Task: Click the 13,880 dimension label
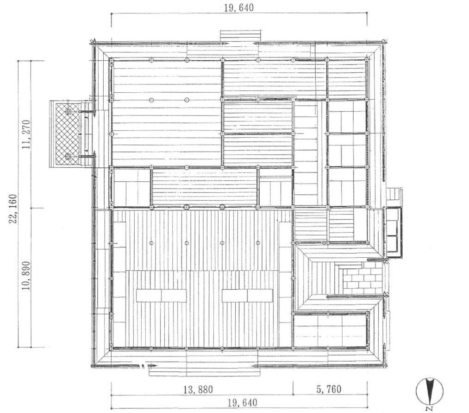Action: [x=198, y=389]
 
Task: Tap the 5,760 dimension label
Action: [x=329, y=389]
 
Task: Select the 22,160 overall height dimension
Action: [x=13, y=209]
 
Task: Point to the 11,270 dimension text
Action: [x=26, y=134]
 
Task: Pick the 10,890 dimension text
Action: [x=26, y=275]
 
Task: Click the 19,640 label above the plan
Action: [x=239, y=7]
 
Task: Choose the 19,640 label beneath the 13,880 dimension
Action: [x=242, y=403]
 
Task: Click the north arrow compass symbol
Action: [x=430, y=391]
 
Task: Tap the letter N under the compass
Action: [x=430, y=408]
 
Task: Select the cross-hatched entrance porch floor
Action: [x=65, y=133]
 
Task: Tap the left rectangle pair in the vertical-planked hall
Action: [x=161, y=295]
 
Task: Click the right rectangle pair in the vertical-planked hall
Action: [x=247, y=295]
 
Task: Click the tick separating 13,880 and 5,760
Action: [x=293, y=388]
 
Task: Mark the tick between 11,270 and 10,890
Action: [x=31, y=208]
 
